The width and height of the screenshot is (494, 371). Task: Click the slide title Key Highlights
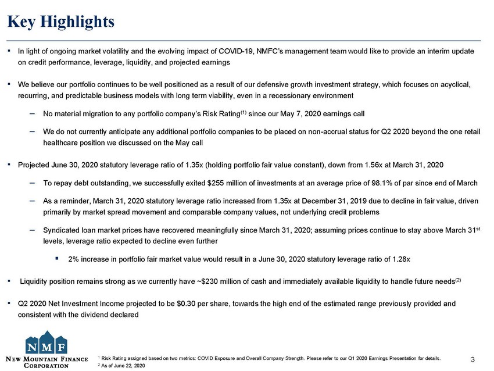tap(60, 22)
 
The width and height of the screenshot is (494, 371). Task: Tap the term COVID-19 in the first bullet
tap(231, 51)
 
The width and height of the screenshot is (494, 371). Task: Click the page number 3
tap(471, 361)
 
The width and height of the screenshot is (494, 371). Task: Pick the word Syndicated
tap(63, 229)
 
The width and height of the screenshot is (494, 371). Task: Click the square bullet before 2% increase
tap(57, 259)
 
